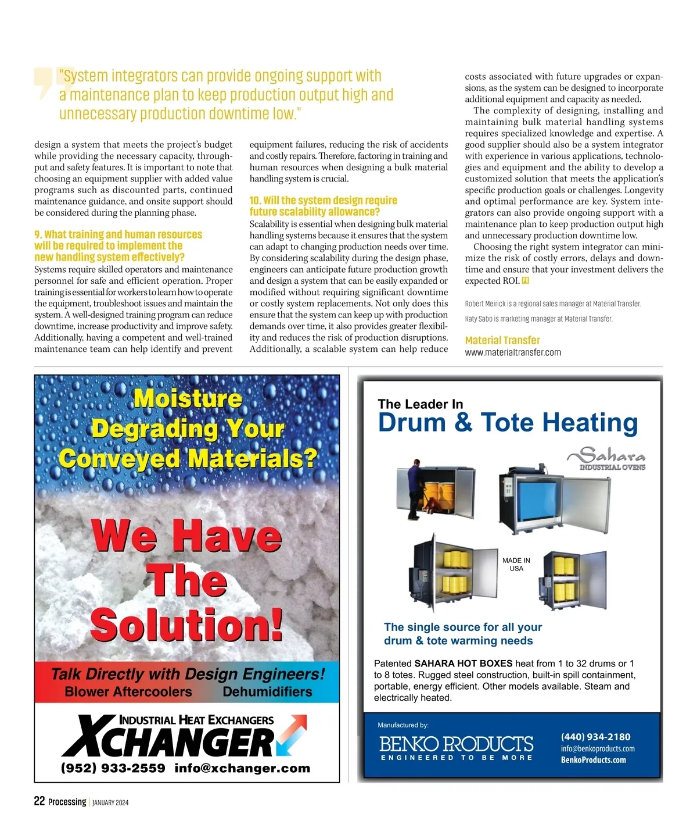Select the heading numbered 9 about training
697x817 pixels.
(x=118, y=245)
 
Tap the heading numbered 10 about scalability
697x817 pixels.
(x=323, y=206)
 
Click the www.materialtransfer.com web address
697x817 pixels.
(x=513, y=352)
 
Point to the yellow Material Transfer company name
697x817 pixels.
(x=502, y=340)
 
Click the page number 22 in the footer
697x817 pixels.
(x=39, y=801)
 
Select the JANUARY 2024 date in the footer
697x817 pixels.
(x=110, y=802)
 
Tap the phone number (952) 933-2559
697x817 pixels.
(x=113, y=768)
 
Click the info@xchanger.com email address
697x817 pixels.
(x=242, y=768)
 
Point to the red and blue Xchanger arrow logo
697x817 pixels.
(x=292, y=734)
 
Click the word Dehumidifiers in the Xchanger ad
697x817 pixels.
(x=267, y=692)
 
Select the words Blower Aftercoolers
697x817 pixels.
(x=128, y=692)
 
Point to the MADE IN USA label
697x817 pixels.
(x=516, y=564)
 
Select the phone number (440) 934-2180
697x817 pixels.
(x=595, y=737)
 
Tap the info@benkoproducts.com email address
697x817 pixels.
(x=598, y=748)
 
